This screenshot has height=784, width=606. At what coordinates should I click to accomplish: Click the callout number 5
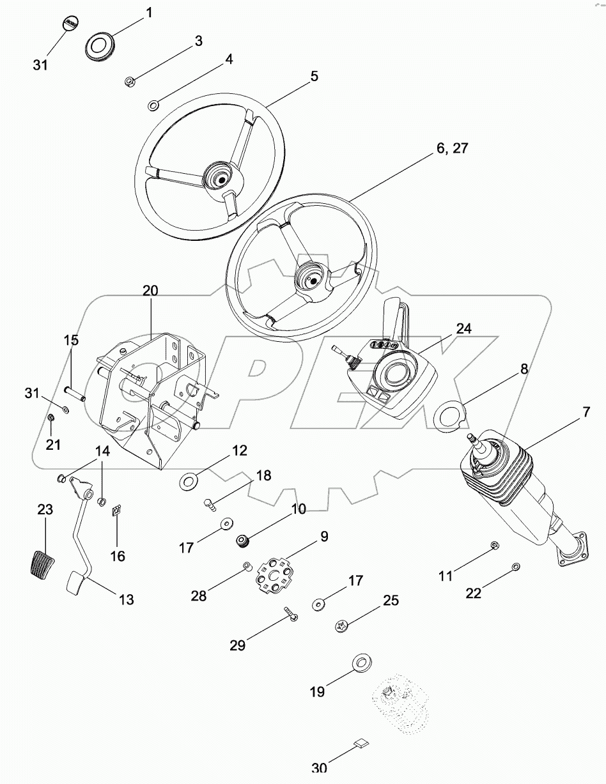(314, 76)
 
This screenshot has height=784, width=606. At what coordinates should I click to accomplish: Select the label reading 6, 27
(452, 148)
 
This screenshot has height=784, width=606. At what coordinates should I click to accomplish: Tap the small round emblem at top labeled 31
(70, 24)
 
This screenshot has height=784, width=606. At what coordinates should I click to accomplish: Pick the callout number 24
(463, 328)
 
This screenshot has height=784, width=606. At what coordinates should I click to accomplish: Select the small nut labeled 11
(494, 544)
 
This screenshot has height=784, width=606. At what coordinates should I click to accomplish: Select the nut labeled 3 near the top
(129, 81)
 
